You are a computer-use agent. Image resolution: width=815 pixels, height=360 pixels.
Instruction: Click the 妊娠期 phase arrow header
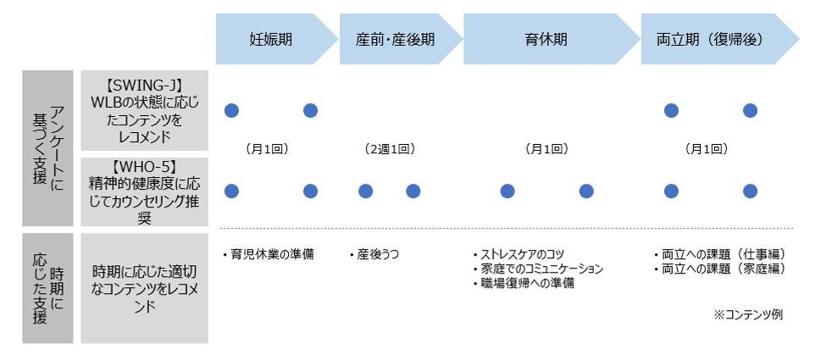(x=271, y=39)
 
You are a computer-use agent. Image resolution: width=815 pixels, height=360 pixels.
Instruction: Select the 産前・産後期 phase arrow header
(x=395, y=39)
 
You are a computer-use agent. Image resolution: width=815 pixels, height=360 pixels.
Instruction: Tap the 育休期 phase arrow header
(x=546, y=39)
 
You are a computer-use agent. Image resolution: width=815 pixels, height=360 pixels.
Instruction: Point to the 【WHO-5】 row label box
(x=144, y=190)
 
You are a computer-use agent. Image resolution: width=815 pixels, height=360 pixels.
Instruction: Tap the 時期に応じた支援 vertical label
(x=47, y=288)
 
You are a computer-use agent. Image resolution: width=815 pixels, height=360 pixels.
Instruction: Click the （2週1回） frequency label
(x=389, y=148)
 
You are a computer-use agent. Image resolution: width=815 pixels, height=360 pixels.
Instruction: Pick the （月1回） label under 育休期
(x=546, y=148)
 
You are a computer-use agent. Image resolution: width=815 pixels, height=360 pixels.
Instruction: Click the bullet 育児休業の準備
(x=267, y=254)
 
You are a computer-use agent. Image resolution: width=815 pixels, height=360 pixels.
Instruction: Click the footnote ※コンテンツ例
(x=748, y=314)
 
